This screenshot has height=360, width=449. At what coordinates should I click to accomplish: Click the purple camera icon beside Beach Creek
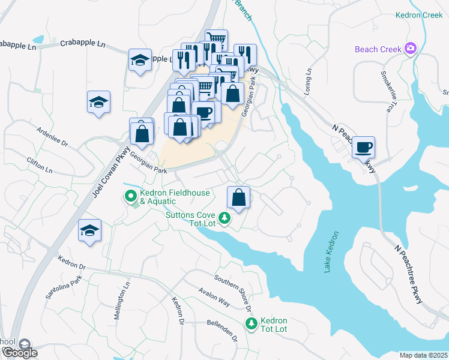[x=411, y=48]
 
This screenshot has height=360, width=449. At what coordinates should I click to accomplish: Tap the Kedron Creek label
[x=418, y=15]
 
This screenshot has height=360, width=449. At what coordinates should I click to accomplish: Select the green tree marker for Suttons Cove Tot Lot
[x=224, y=218]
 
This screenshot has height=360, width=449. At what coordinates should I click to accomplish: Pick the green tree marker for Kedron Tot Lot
[x=251, y=323]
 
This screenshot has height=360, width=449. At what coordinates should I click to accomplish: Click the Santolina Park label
[x=63, y=289]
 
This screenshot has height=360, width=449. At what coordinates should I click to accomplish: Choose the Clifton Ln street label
[x=40, y=166]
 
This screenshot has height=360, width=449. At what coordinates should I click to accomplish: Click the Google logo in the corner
[x=19, y=352]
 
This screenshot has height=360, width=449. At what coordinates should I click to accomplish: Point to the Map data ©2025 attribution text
[x=423, y=355]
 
